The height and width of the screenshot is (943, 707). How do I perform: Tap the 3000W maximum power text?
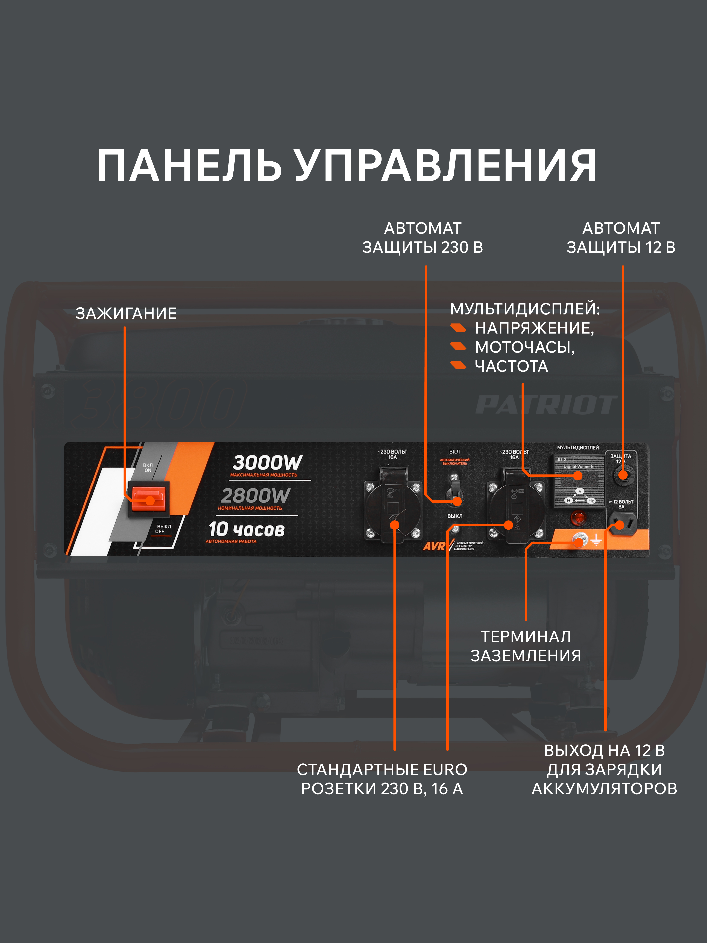tap(267, 463)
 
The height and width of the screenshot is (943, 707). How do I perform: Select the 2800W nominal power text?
tap(255, 496)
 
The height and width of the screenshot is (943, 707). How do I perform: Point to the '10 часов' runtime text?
tap(246, 530)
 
